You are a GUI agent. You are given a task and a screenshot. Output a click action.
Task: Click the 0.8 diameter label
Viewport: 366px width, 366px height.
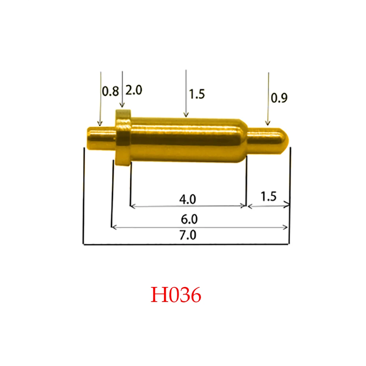click(x=110, y=91)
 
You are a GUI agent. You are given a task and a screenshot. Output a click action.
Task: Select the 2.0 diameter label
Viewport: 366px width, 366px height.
click(x=134, y=90)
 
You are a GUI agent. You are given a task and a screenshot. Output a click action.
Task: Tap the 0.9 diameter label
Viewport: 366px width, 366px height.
click(x=280, y=98)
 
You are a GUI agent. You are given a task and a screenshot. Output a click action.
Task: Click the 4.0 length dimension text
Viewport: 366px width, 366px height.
click(x=188, y=199)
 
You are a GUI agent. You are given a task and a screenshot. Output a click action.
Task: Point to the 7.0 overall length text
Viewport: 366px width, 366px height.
click(x=188, y=235)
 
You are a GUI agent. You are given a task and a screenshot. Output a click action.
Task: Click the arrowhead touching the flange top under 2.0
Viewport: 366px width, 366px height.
click(x=122, y=107)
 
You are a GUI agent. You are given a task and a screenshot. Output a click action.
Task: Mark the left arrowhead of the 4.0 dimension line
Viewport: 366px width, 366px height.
click(x=132, y=206)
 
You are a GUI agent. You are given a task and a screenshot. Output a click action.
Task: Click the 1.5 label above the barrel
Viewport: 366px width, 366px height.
click(x=197, y=94)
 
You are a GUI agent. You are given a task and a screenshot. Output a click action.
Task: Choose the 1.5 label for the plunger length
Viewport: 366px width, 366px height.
click(x=268, y=197)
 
